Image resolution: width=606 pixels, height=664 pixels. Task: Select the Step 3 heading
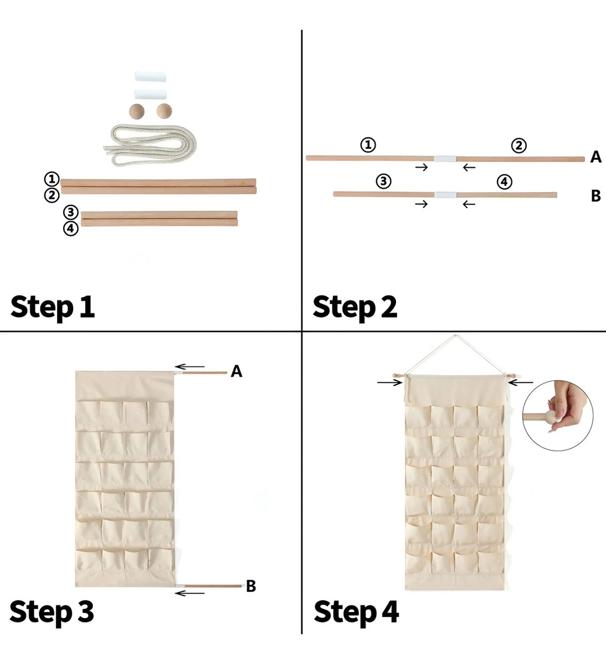click(x=52, y=612)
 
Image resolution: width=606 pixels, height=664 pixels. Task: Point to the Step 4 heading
click(x=356, y=612)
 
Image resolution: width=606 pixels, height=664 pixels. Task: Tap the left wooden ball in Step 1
click(x=137, y=111)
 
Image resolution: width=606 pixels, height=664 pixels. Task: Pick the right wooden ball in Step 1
click(x=165, y=111)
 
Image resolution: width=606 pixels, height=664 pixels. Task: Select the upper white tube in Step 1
click(x=150, y=76)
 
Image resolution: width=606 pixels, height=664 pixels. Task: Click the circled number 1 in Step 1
click(x=52, y=179)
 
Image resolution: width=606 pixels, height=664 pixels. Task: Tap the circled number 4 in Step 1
click(x=70, y=229)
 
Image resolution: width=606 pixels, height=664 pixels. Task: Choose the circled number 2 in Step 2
click(x=519, y=146)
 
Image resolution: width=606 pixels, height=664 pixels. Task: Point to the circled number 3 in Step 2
click(x=383, y=181)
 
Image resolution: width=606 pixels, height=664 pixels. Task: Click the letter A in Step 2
click(x=595, y=157)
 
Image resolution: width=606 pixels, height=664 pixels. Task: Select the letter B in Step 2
click(x=595, y=196)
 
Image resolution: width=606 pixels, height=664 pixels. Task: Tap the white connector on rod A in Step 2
click(x=445, y=159)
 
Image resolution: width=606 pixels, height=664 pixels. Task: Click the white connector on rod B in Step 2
click(x=445, y=195)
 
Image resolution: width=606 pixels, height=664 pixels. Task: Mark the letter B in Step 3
click(x=251, y=586)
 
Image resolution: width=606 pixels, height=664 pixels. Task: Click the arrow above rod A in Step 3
click(x=189, y=366)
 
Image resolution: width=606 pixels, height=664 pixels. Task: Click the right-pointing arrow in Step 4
click(x=390, y=383)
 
